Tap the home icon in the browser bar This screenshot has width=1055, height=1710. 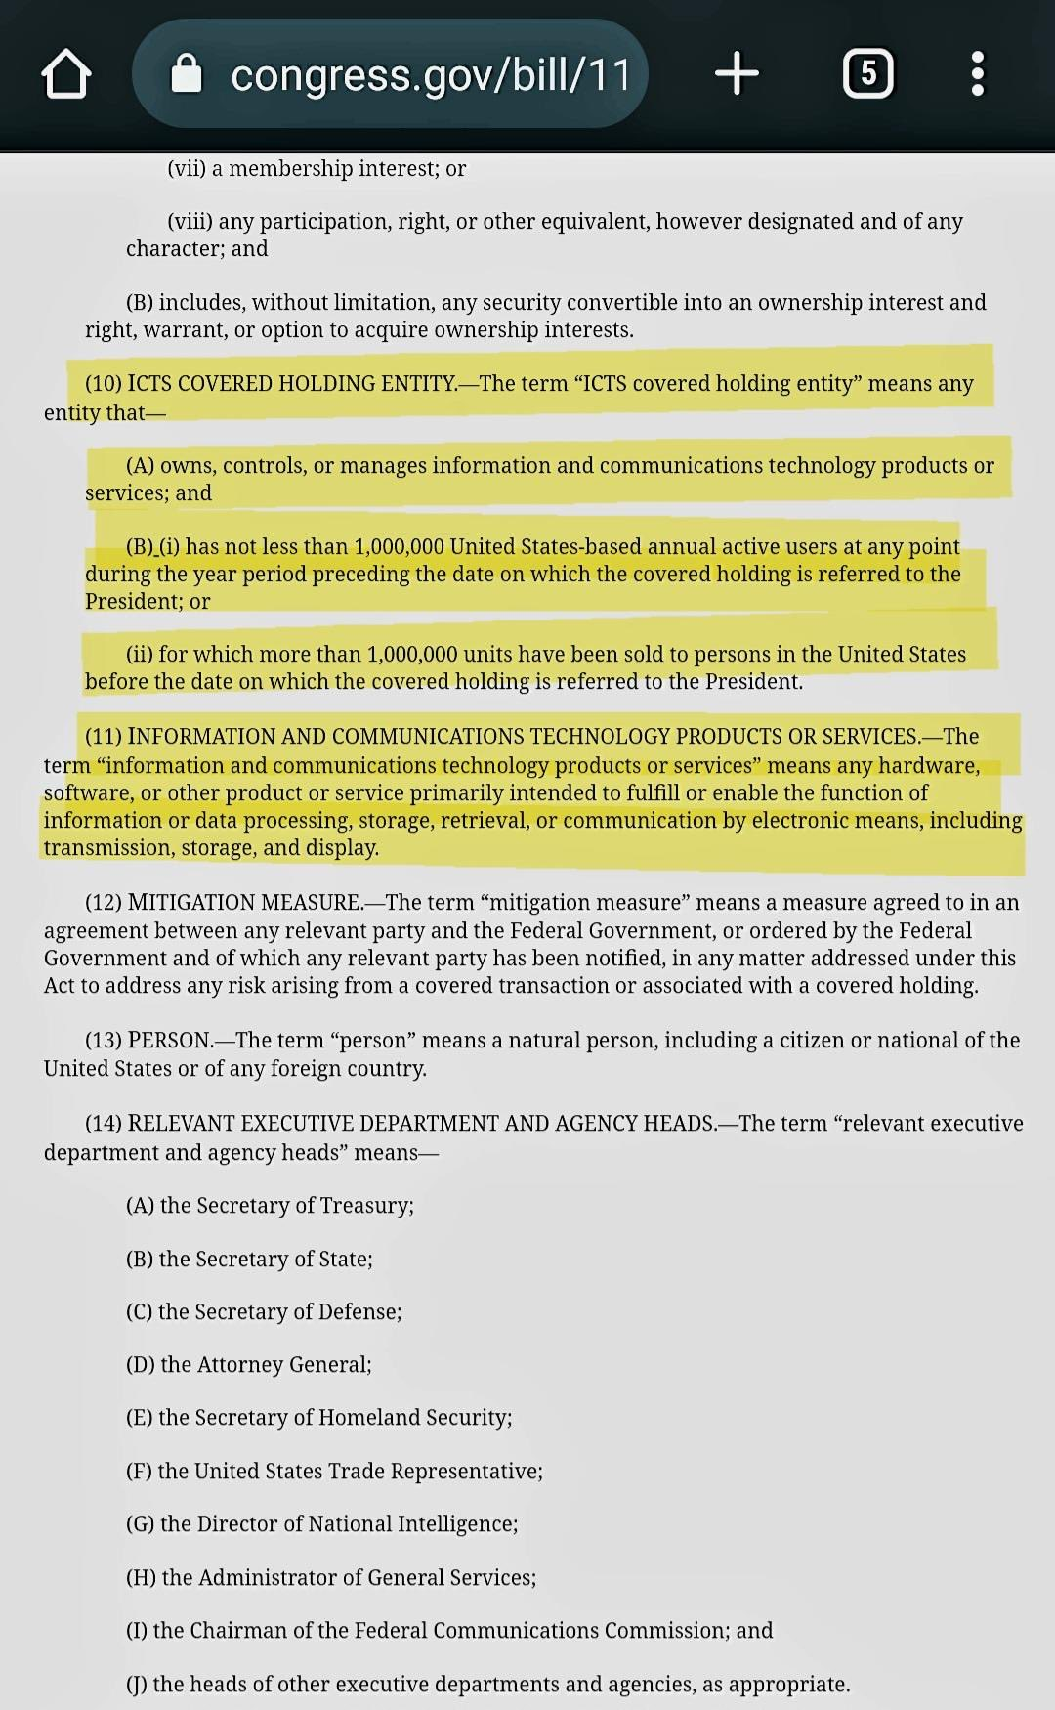(x=65, y=75)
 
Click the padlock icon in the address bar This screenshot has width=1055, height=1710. (x=186, y=73)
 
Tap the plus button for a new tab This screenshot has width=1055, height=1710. (x=737, y=73)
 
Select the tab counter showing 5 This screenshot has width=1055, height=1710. (x=867, y=73)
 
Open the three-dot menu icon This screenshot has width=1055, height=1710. (x=977, y=73)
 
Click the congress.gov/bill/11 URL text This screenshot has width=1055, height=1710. (x=430, y=75)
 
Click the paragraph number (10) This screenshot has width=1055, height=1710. (x=104, y=383)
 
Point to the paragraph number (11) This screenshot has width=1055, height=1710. (x=104, y=736)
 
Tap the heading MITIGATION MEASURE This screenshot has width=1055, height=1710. (x=243, y=902)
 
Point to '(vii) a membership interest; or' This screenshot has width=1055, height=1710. (x=316, y=168)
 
